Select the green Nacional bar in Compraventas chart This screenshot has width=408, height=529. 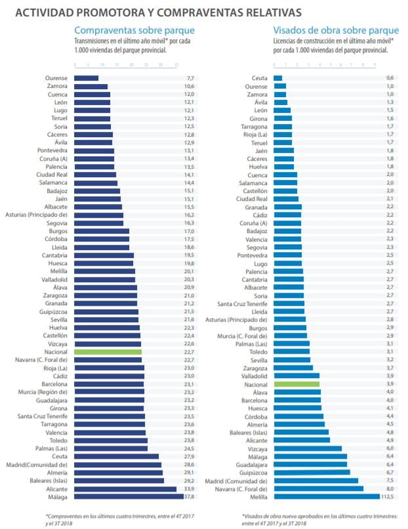click(108, 352)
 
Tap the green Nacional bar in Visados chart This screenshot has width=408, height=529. click(296, 383)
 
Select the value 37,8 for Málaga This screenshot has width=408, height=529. click(189, 497)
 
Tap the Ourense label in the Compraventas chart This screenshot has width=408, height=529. click(56, 78)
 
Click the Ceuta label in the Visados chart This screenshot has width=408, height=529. click(259, 78)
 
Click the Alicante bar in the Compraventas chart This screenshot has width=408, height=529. click(125, 489)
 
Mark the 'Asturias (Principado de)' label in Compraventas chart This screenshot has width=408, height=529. click(36, 215)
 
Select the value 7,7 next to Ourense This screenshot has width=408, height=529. click(190, 78)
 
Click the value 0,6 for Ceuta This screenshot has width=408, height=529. click(390, 78)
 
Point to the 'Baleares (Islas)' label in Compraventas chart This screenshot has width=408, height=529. click(45, 480)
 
